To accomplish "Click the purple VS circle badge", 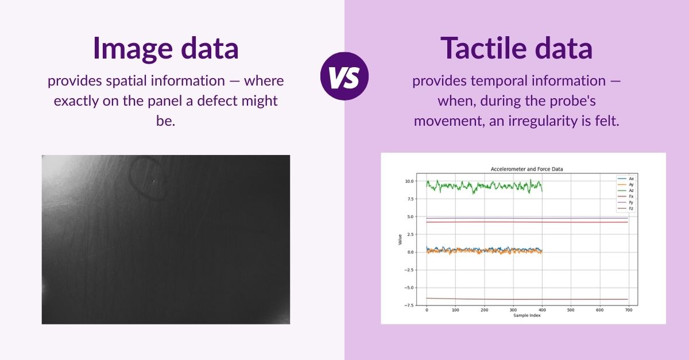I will click(x=344, y=76).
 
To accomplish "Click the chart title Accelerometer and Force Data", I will click(x=527, y=169).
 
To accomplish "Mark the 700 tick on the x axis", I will click(x=628, y=311).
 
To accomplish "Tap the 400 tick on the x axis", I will click(x=541, y=311).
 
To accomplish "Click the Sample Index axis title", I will click(x=527, y=315).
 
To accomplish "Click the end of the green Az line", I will click(x=542, y=189).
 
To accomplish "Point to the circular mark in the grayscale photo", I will click(x=148, y=180).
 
